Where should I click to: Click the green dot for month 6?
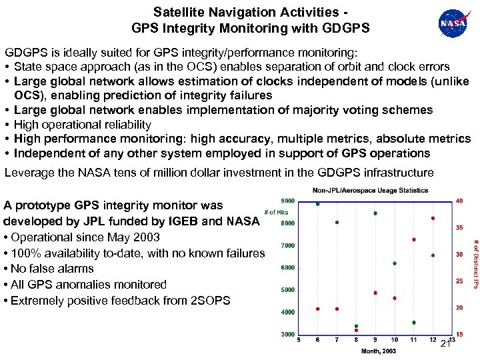pyautogui.click(x=318, y=204)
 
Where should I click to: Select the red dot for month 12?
pyautogui.click(x=433, y=218)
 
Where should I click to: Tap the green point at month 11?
pyautogui.click(x=414, y=322)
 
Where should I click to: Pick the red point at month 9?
pyautogui.click(x=376, y=293)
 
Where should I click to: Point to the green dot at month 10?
pyautogui.click(x=395, y=263)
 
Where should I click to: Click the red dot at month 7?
pyautogui.click(x=337, y=309)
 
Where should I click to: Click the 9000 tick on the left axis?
pyautogui.click(x=287, y=201)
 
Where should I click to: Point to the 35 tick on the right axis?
pyautogui.click(x=459, y=227)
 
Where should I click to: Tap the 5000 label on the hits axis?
pyautogui.click(x=287, y=290)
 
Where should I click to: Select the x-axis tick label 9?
pyautogui.click(x=376, y=340)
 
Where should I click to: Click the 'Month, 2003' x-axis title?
pyautogui.click(x=377, y=350)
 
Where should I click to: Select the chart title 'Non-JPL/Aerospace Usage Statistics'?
pyautogui.click(x=371, y=191)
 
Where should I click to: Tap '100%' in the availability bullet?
pyautogui.click(x=25, y=253)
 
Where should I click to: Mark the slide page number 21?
pyautogui.click(x=447, y=343)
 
